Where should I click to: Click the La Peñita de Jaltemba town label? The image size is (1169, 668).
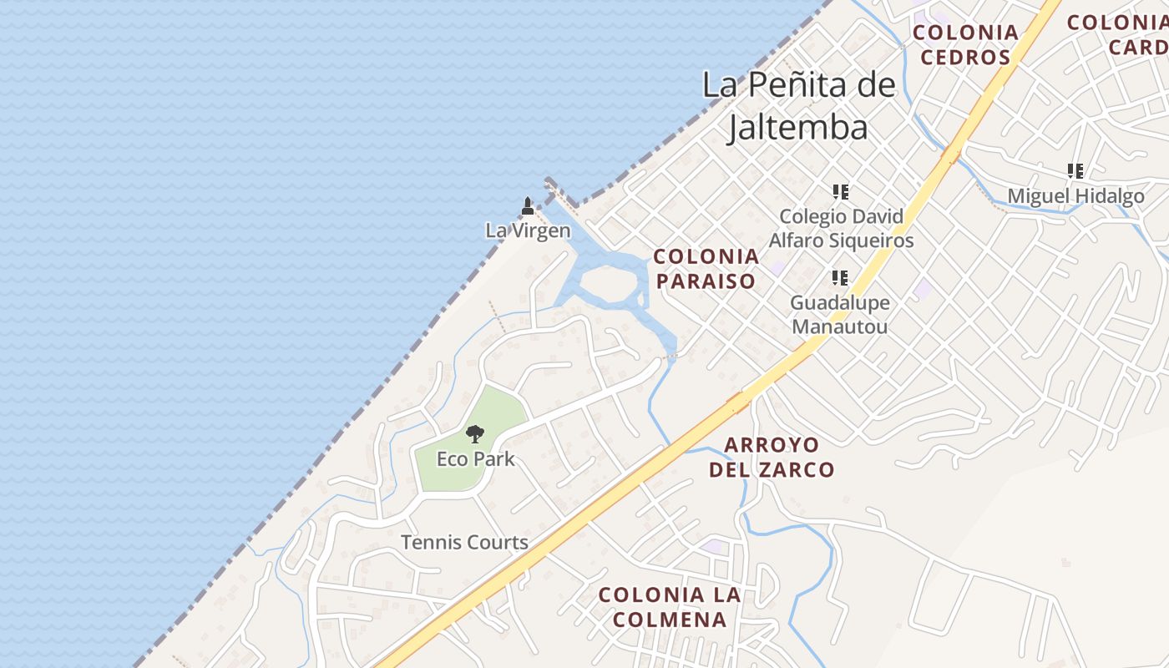click(798, 106)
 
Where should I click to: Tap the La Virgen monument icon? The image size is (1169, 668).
click(527, 205)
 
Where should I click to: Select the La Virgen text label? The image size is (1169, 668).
click(528, 230)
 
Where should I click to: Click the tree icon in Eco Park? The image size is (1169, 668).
click(475, 433)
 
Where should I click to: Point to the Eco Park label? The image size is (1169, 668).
click(475, 458)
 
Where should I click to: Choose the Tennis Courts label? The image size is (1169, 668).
click(464, 542)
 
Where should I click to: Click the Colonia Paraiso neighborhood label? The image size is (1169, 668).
click(706, 268)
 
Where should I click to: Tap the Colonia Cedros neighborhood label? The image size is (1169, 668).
click(965, 45)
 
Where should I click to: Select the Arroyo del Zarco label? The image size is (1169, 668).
click(772, 457)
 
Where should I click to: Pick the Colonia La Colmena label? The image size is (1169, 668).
click(670, 607)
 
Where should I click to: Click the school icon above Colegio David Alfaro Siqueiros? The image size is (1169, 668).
click(840, 192)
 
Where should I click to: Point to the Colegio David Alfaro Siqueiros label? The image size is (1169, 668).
click(841, 229)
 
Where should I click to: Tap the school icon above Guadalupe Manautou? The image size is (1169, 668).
click(840, 277)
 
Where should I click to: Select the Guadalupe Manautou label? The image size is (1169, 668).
click(840, 314)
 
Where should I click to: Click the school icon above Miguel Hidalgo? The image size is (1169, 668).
click(1075, 171)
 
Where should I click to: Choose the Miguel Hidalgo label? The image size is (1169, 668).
click(1075, 196)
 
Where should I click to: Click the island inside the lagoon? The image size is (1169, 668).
click(608, 284)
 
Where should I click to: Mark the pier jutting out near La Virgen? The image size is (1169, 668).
click(561, 192)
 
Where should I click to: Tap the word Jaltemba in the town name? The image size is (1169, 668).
click(798, 129)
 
